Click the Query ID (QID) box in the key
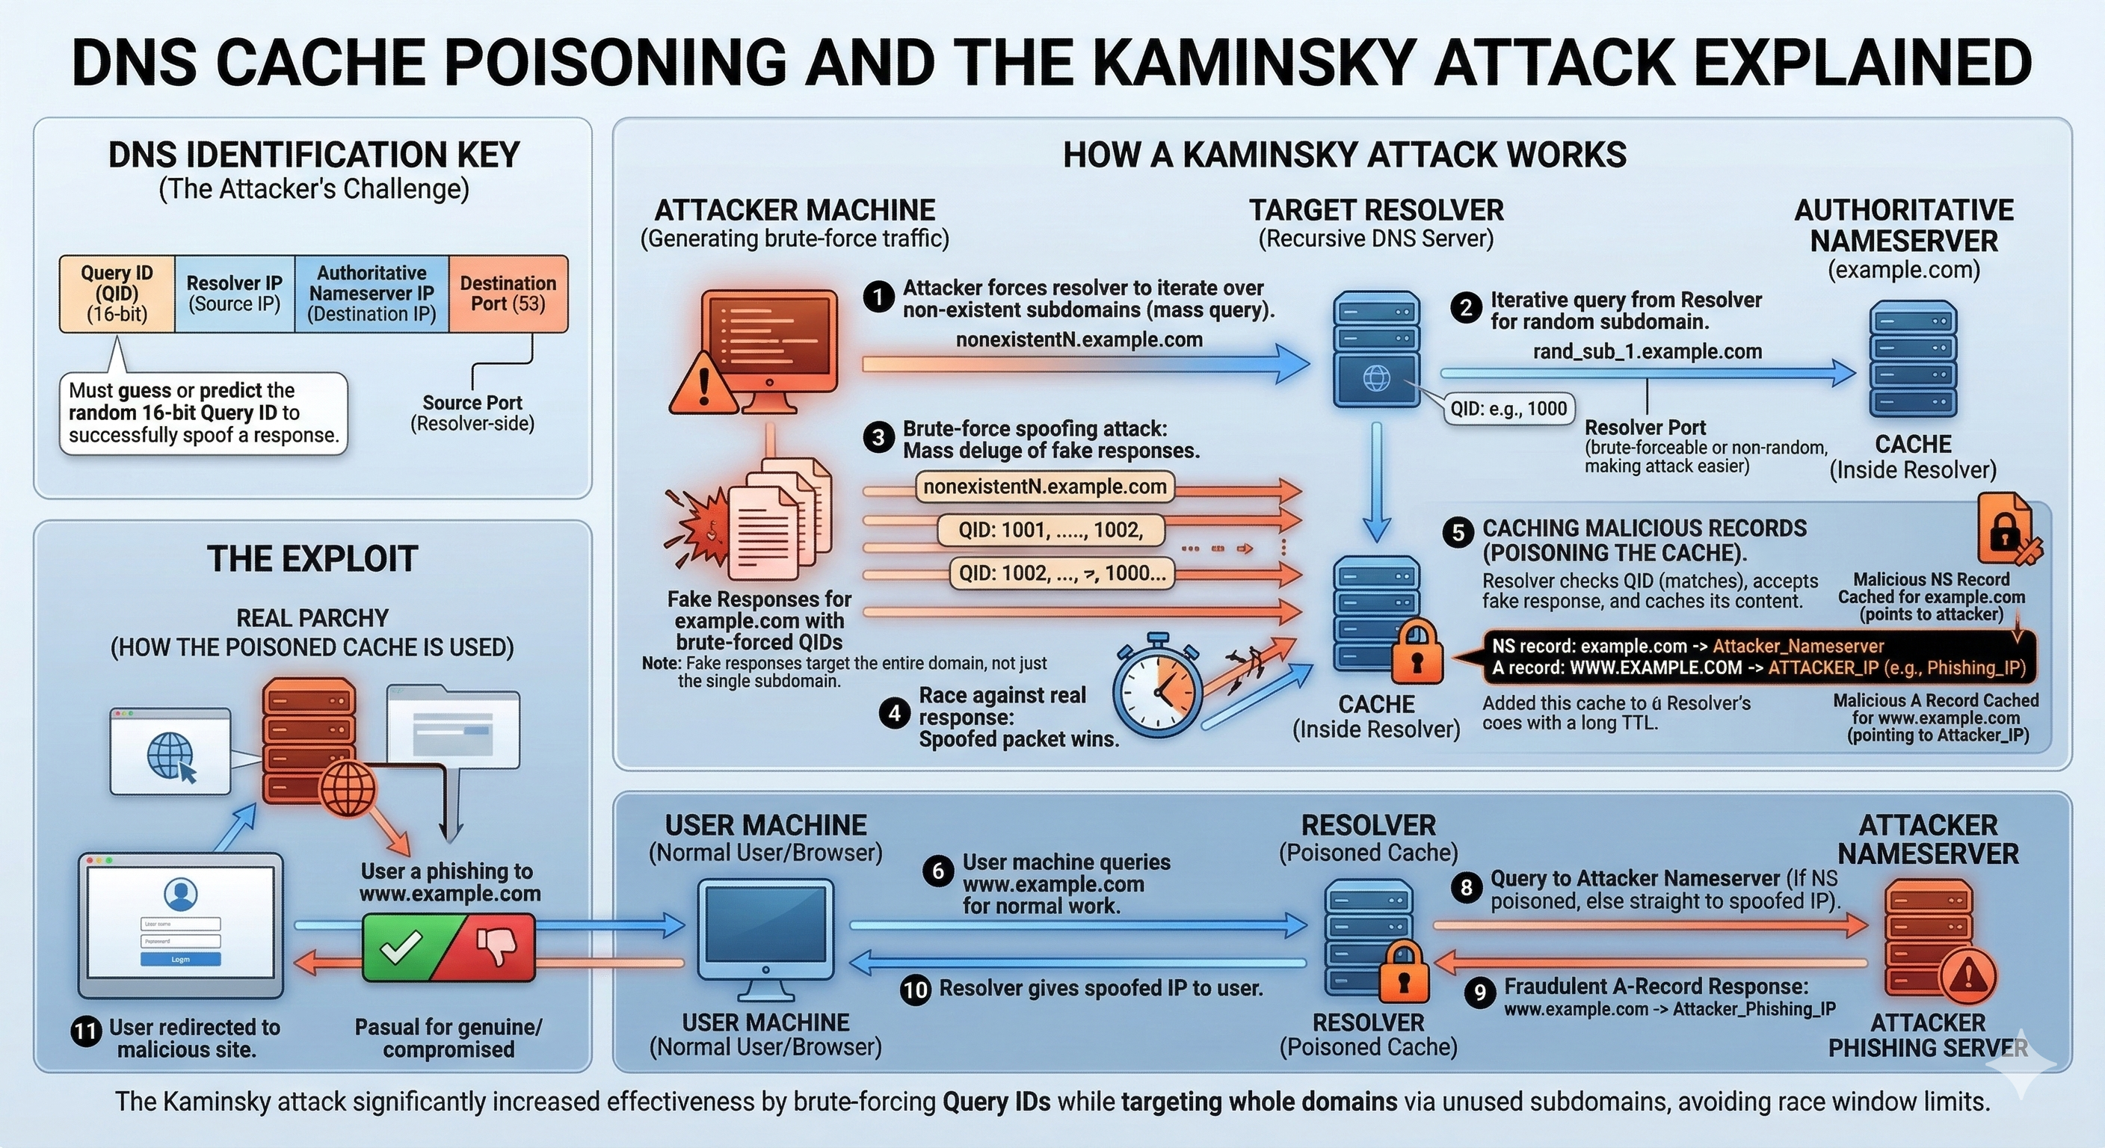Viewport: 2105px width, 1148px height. point(117,293)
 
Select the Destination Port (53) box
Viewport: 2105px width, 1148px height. point(508,293)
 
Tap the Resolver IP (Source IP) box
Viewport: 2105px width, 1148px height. point(235,293)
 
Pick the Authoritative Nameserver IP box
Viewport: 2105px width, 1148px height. point(372,293)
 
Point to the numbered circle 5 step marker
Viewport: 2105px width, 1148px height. point(1458,533)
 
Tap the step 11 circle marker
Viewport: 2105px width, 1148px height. point(86,1032)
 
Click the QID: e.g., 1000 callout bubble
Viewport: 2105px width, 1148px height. point(1508,408)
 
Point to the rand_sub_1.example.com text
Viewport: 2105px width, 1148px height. point(1648,351)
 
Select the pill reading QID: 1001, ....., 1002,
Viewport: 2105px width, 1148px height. point(1050,531)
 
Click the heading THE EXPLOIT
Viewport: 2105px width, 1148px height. point(312,559)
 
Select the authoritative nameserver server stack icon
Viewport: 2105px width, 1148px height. point(1913,359)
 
